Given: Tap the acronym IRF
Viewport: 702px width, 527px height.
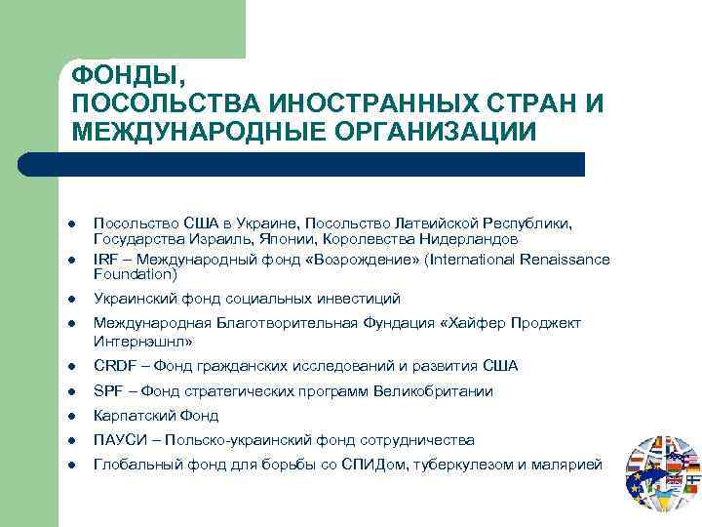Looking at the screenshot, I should coord(104,260).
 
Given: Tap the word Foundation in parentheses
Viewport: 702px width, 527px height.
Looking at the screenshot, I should coord(133,274).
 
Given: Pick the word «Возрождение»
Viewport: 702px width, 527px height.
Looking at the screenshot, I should coord(307,260).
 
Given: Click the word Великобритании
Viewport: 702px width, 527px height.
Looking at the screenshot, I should coord(437,391).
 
